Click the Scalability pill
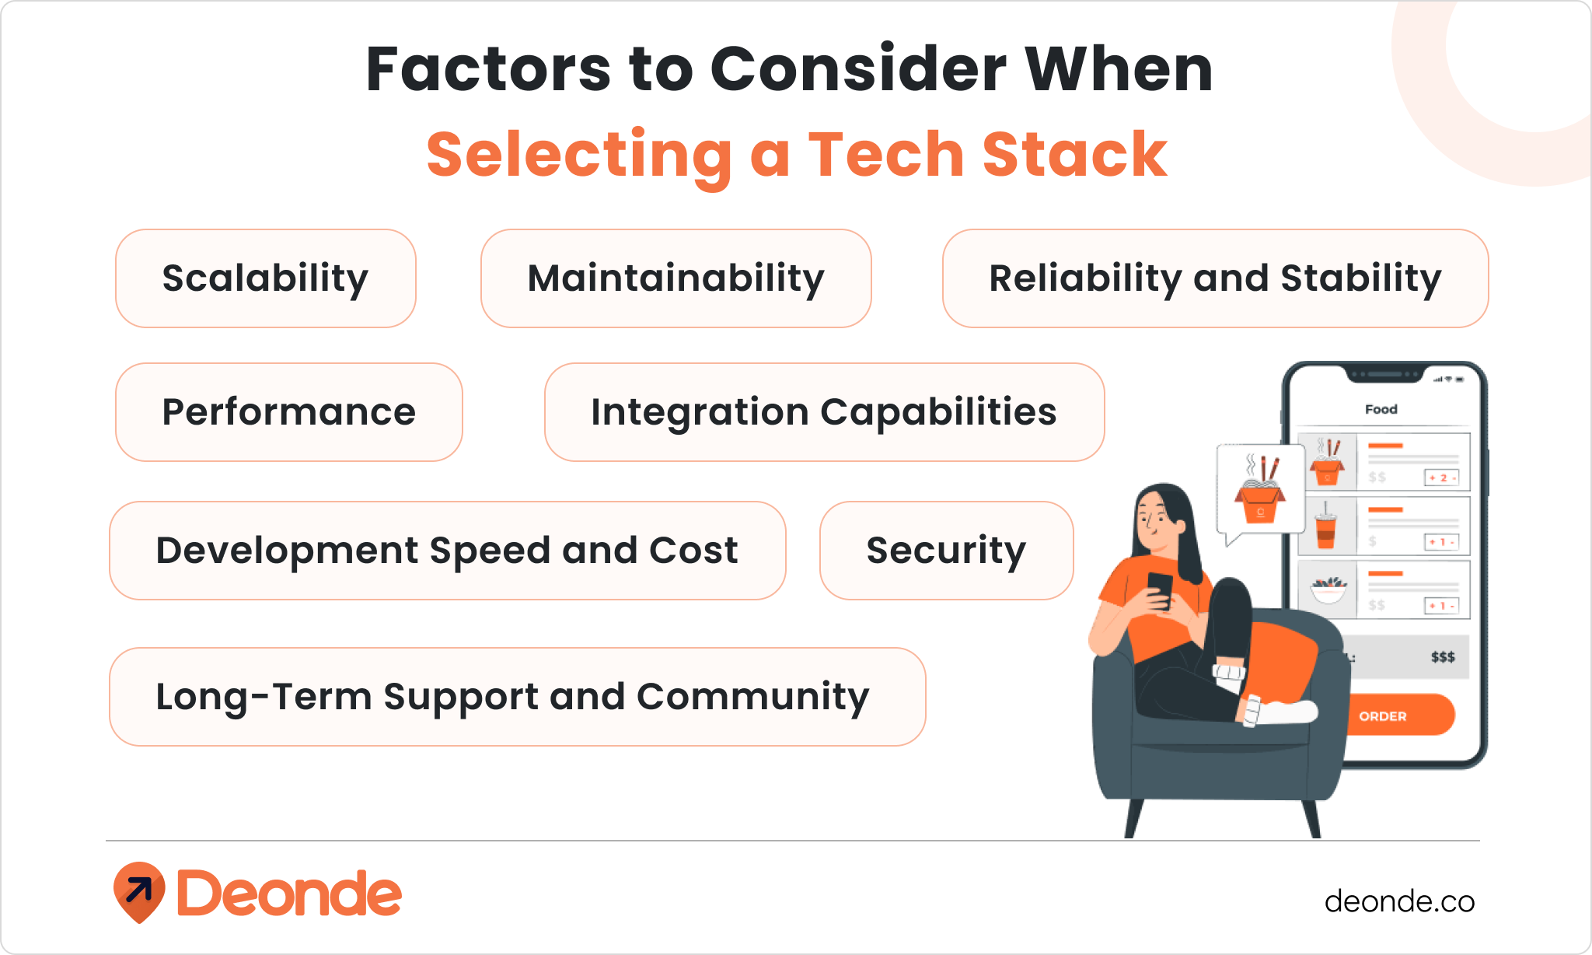265,278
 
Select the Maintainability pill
676,278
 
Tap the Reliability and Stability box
1215,278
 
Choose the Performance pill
288,412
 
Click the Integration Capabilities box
824,412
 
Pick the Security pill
946,551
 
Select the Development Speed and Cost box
447,551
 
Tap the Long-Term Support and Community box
517,697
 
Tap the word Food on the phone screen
1381,409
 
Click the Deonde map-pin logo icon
139,891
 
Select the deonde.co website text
1399,901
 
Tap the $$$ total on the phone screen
1442,657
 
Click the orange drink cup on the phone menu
1326,528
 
